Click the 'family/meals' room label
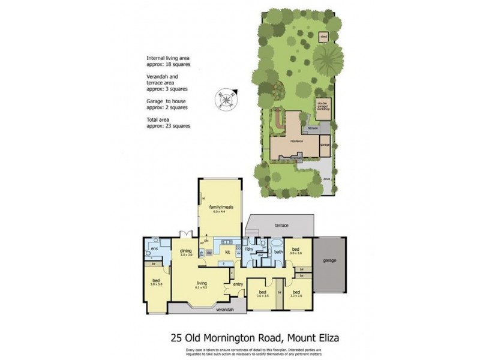(x=220, y=208)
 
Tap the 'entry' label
(x=238, y=284)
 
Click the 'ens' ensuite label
(x=154, y=248)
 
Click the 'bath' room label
(x=278, y=252)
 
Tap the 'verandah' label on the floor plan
(x=208, y=311)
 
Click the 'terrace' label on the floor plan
(x=281, y=226)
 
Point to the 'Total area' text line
(x=161, y=121)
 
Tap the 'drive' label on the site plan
(x=326, y=179)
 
